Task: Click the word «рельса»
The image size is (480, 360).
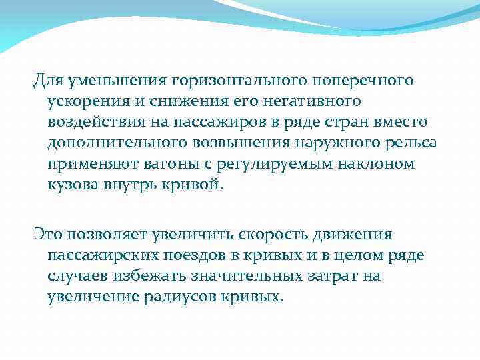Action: point(409,144)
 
